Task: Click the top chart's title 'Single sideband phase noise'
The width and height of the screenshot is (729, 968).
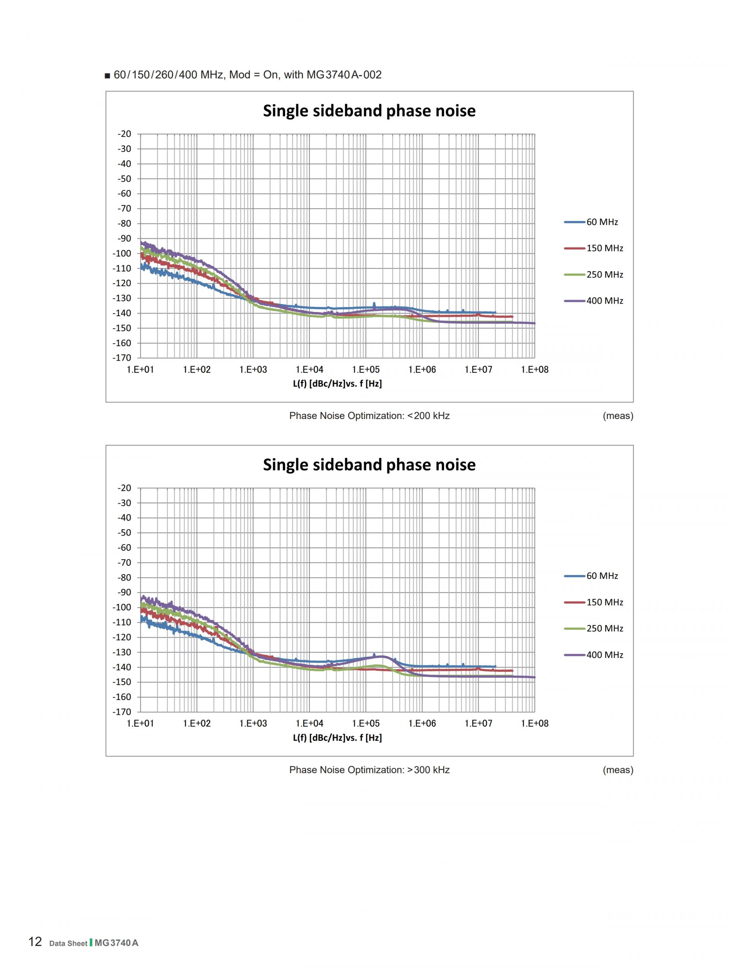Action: point(369,111)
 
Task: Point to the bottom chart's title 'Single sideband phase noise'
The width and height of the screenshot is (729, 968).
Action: point(369,464)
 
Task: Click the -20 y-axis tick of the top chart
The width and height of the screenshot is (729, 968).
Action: point(124,134)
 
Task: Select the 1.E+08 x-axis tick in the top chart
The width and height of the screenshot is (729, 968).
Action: point(534,369)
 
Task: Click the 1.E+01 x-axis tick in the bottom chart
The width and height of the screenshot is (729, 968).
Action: point(140,724)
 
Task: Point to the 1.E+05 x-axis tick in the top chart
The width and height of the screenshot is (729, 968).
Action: point(365,369)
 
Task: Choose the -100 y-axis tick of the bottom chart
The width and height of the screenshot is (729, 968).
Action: point(122,607)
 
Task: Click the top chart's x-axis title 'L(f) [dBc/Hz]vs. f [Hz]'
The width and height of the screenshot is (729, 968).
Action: point(337,384)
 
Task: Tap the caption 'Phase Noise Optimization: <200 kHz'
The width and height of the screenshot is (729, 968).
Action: point(369,416)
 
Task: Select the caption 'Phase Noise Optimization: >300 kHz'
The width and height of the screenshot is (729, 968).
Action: point(369,770)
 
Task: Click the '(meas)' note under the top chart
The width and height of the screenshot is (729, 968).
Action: point(618,416)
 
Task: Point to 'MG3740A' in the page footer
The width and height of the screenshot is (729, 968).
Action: point(117,940)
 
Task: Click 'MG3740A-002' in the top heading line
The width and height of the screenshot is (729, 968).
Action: point(344,75)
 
